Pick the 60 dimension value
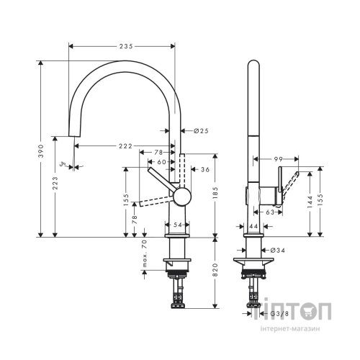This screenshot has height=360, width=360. [161, 162]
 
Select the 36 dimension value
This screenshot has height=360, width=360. [204, 169]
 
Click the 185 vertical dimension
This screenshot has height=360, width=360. [215, 194]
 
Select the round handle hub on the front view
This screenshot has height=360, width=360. [180, 196]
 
